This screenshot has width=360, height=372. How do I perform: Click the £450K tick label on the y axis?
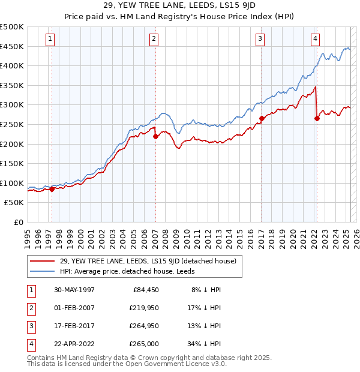pyautogui.click(x=12, y=46)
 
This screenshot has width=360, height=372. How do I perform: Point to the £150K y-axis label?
pyautogui.click(x=12, y=163)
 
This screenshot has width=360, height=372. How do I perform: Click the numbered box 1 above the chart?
pyautogui.click(x=49, y=39)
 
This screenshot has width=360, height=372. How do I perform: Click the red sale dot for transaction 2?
pyautogui.click(x=155, y=136)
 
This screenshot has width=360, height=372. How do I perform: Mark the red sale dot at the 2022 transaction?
pyautogui.click(x=317, y=119)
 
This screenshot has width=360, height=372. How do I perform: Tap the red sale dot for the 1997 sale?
pyautogui.click(x=52, y=189)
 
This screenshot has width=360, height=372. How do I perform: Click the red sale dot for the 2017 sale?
pyautogui.click(x=262, y=119)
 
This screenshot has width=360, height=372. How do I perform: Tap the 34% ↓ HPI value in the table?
pyautogui.click(x=206, y=344)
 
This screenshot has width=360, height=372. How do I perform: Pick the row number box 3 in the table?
pyautogui.click(x=30, y=326)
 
